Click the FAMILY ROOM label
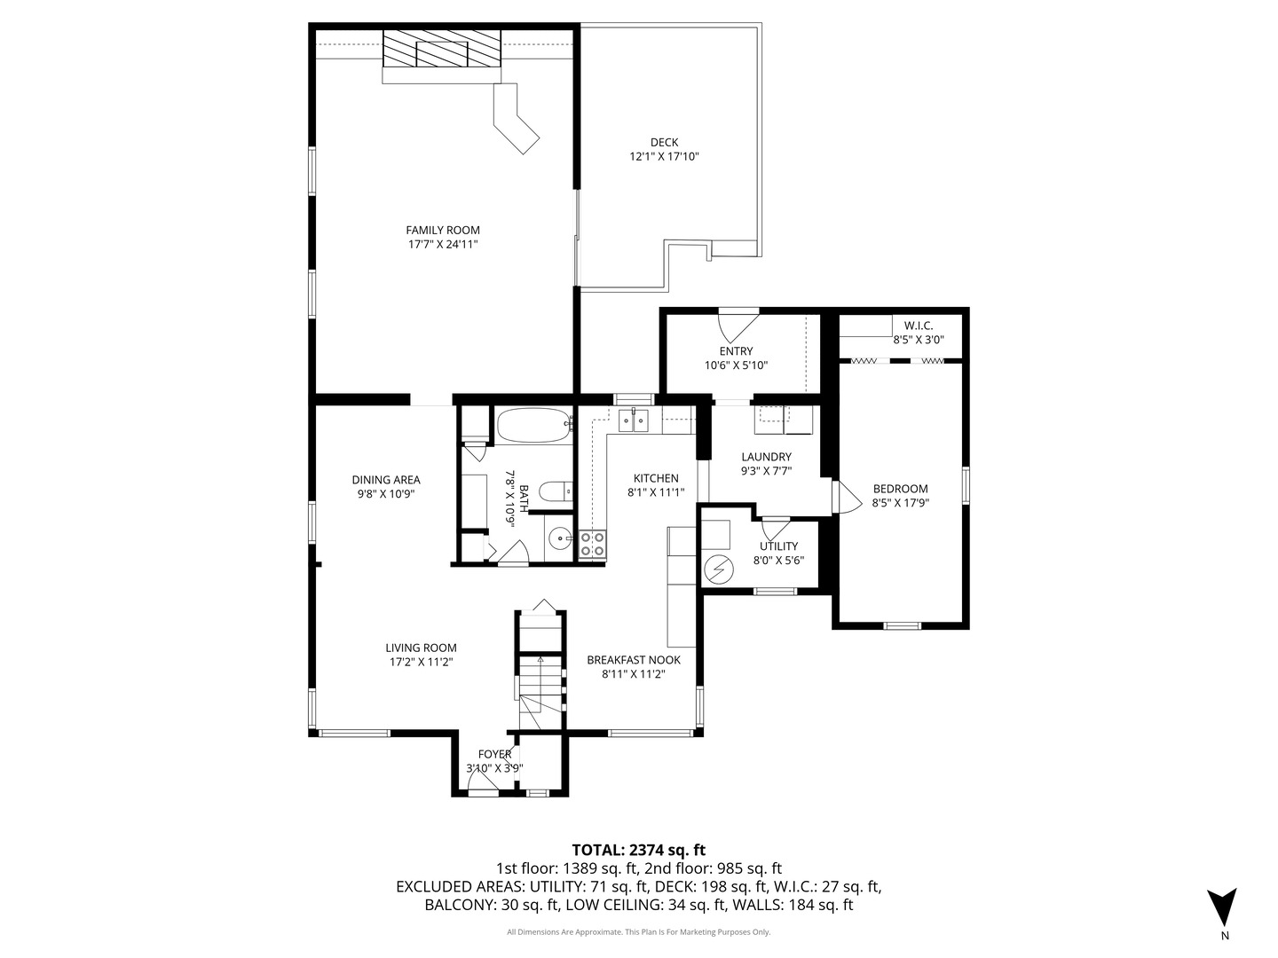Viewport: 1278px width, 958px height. [x=443, y=230]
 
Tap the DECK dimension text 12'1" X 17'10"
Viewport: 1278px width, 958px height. [x=665, y=156]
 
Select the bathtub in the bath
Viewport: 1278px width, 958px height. [x=533, y=426]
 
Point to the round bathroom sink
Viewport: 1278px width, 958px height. [x=560, y=538]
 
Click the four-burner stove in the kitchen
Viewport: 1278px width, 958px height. [x=592, y=544]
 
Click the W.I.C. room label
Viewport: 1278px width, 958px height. [x=918, y=326]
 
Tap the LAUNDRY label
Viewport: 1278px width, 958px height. [x=766, y=457]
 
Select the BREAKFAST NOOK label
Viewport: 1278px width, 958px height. [x=634, y=659]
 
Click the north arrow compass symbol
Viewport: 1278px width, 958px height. [x=1223, y=907]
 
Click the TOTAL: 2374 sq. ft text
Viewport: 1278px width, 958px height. [x=638, y=850]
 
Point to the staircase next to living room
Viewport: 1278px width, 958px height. [x=540, y=674]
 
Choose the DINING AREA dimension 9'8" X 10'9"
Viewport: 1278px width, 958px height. [x=385, y=493]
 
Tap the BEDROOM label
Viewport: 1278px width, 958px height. [x=900, y=488]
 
